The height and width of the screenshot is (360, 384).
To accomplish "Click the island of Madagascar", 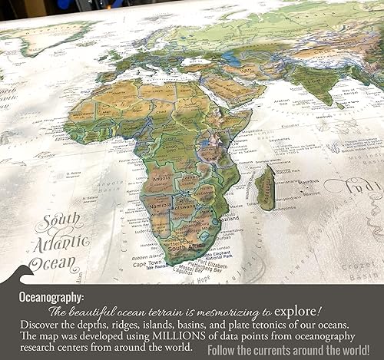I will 266,189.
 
